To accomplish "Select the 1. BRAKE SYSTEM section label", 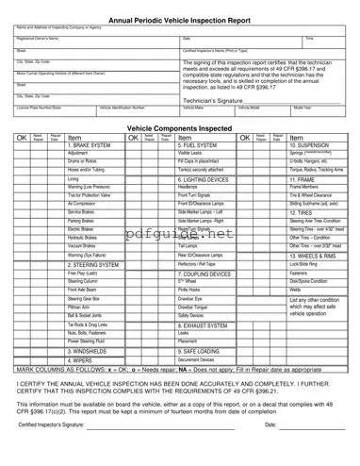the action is (91, 146).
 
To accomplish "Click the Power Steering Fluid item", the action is (90, 368).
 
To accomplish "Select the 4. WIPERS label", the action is (83, 386).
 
